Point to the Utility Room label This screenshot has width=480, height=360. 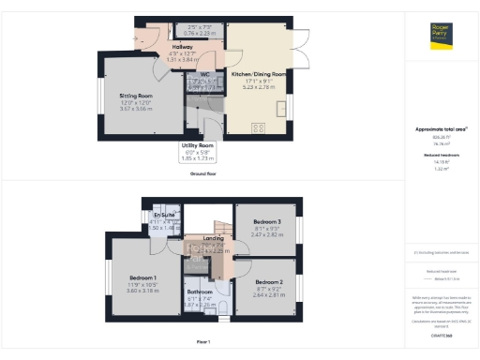pos(198,146)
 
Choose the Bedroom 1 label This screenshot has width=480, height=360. pos(142,278)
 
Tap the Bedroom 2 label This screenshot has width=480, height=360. pos(269,281)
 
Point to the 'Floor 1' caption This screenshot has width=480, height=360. pos(203,341)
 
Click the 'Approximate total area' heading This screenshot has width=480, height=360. pos(441,128)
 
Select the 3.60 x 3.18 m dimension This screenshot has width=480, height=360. pos(142,291)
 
